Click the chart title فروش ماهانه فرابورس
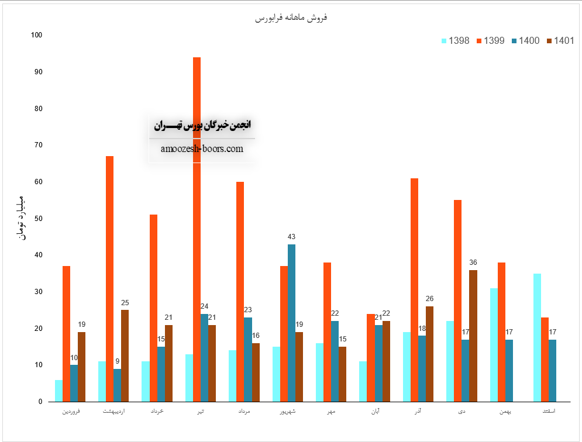tap(291, 18)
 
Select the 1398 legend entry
tap(456, 41)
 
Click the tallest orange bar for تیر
tap(197, 228)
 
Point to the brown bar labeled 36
tap(473, 336)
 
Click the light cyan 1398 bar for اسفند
tap(537, 337)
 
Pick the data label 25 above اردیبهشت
tap(125, 303)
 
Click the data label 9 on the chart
tap(118, 361)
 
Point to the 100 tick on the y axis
tap(37, 35)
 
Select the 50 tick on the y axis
tap(39, 219)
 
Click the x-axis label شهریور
tap(287, 412)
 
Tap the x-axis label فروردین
tap(71, 412)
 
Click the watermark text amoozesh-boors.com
tap(202, 149)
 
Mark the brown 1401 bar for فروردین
tap(81, 367)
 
